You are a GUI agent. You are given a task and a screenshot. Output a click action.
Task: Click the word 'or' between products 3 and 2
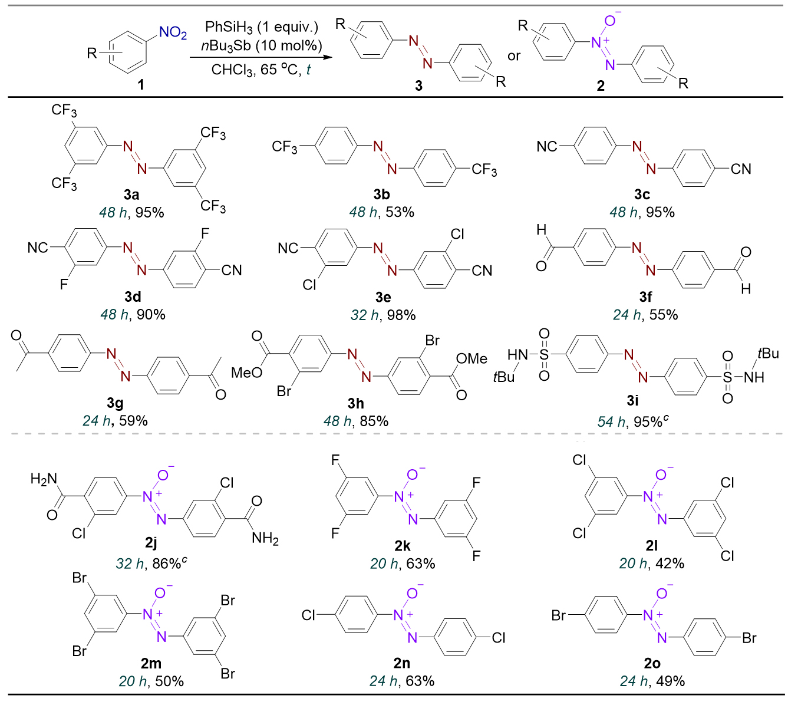pyautogui.click(x=514, y=55)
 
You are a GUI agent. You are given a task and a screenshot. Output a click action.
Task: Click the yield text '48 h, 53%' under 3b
pyautogui.click(x=382, y=212)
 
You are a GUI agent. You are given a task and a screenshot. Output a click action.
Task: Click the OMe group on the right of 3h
pyautogui.click(x=473, y=358)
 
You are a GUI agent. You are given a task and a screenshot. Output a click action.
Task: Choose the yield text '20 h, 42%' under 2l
pyautogui.click(x=651, y=564)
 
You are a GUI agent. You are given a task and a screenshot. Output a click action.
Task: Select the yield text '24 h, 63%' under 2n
pyautogui.click(x=402, y=681)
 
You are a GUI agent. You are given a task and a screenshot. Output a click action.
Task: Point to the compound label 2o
pyautogui.click(x=652, y=664)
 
